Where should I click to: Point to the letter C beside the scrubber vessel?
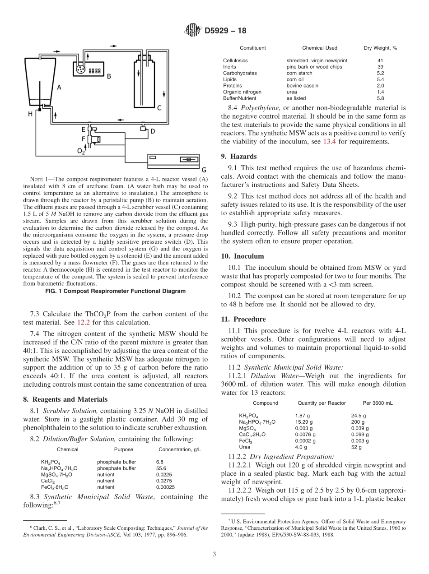(159, 108)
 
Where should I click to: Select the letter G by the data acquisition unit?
(204, 170)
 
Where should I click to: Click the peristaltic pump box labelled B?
(88, 69)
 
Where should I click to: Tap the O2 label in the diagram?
(81, 152)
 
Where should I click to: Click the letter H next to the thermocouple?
(30, 114)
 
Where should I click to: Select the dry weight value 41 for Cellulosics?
(380, 60)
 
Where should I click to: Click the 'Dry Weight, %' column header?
(380, 48)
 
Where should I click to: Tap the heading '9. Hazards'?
(238, 157)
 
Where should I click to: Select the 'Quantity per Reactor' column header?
(322, 403)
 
